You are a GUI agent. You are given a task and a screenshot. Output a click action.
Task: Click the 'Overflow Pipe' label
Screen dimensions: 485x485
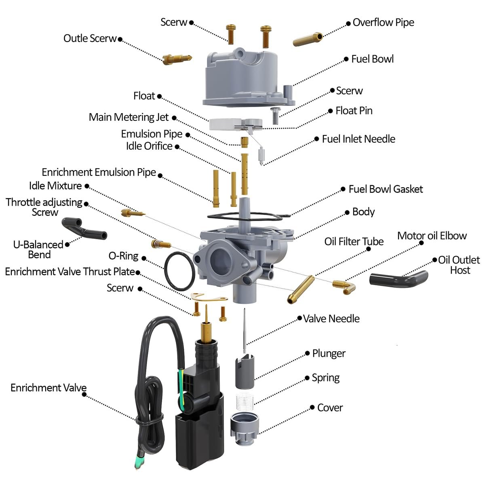(383, 23)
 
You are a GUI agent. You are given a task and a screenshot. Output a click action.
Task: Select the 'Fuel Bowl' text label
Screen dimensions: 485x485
(372, 59)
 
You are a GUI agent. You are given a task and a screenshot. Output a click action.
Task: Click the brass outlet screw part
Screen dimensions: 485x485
(177, 59)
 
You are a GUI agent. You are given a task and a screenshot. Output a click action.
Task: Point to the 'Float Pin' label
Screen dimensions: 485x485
(354, 111)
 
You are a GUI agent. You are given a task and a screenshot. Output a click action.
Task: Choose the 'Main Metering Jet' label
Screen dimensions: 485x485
(129, 117)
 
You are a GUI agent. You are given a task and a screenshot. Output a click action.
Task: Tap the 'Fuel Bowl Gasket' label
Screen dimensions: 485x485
(386, 189)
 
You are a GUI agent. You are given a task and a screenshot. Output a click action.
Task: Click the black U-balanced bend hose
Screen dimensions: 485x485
(84, 230)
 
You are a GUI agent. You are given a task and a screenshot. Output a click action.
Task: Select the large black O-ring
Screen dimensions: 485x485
(179, 271)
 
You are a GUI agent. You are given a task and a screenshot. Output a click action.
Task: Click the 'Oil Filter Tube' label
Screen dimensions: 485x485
(354, 242)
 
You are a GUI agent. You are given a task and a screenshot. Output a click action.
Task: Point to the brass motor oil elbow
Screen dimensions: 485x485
(344, 286)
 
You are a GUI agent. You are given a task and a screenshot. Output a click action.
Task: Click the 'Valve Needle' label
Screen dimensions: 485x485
(331, 319)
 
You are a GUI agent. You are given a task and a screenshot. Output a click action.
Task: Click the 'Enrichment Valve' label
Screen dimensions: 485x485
(48, 388)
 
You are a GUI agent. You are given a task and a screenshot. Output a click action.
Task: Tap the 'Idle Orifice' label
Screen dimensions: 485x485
(149, 146)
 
